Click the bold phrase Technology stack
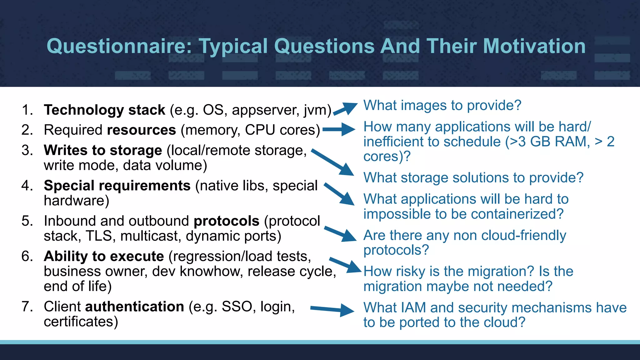pos(104,110)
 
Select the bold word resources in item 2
pos(142,130)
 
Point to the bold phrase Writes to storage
pos(103,150)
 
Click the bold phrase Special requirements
pos(117,186)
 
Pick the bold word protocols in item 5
pos(227,221)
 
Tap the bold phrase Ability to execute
pos(104,256)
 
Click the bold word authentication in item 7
pos(135,307)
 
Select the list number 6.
pos(27,256)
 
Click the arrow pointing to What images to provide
pos(345,109)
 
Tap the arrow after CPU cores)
pos(339,129)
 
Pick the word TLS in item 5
pos(99,236)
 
